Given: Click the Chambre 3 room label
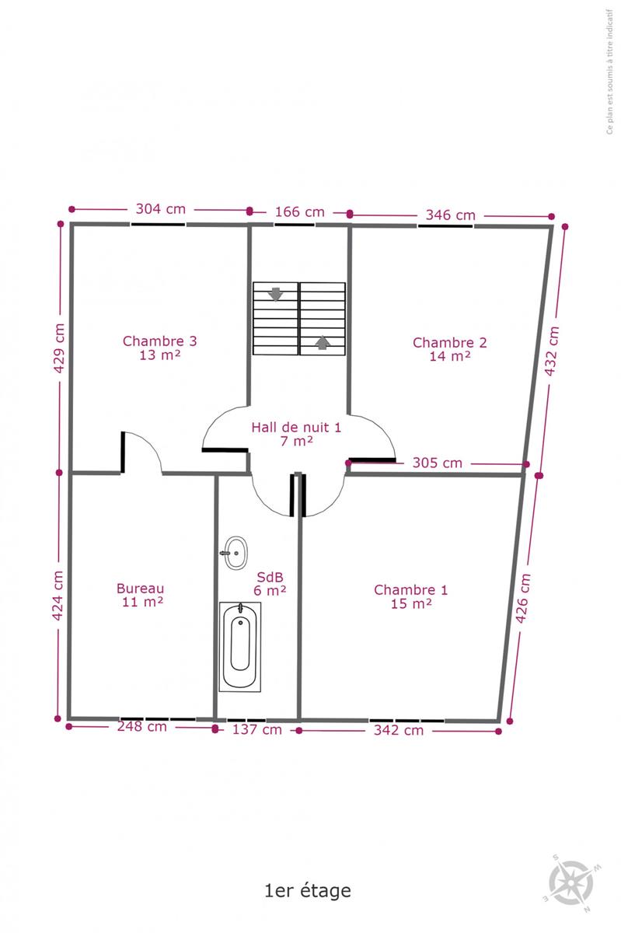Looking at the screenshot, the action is coord(159,348).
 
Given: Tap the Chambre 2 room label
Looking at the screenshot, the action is coord(450,349).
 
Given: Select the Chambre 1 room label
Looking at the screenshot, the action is coord(410,596).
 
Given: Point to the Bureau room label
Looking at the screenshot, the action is coord(141,595).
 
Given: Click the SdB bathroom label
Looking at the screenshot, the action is coord(270,584).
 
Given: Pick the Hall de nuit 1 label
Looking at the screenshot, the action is coord(296,434).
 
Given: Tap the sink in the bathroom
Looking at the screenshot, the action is coord(235,553).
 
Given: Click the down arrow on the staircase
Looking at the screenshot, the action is coord(276,294).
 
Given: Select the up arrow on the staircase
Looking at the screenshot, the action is coord(323,343).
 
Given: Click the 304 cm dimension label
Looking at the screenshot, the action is coord(161,208).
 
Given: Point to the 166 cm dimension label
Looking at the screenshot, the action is coord(300,212).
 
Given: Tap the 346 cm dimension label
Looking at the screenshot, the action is coord(451,215).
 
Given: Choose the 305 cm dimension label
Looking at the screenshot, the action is coord(438,463).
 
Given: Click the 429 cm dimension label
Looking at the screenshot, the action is coord(60,348).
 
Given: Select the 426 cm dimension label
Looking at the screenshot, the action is coord(523,598).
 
